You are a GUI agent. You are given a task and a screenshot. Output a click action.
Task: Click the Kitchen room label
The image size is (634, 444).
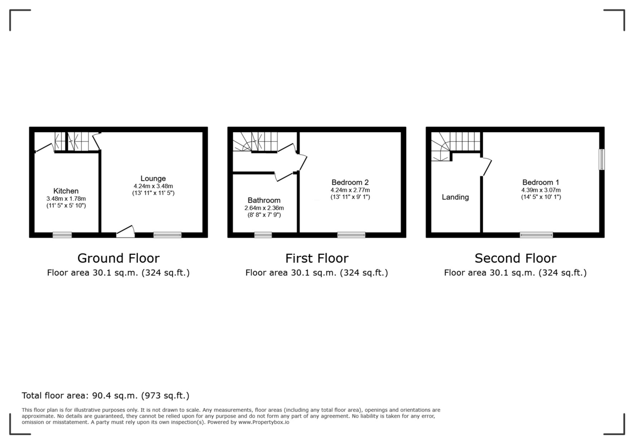[x=66, y=191]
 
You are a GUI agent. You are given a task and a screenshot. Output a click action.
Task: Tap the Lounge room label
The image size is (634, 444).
[x=153, y=178]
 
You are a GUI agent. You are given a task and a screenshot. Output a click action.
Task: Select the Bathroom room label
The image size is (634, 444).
[x=264, y=200]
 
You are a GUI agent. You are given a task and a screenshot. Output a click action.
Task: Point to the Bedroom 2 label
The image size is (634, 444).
[x=350, y=182]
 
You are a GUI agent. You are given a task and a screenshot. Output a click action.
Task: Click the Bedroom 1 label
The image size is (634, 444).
[x=541, y=182]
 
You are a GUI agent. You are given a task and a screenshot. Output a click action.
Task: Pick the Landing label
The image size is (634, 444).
[x=455, y=197]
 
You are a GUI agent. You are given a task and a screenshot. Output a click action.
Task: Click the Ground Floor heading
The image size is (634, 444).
[x=118, y=258]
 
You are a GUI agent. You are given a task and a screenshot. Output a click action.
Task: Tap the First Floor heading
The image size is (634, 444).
[x=317, y=258]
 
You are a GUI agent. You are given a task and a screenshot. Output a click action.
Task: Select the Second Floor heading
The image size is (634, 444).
[x=515, y=258]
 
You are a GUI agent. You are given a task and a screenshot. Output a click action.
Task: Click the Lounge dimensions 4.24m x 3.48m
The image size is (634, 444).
[x=153, y=186]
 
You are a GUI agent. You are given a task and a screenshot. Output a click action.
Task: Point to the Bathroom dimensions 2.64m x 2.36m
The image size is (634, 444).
[x=264, y=208]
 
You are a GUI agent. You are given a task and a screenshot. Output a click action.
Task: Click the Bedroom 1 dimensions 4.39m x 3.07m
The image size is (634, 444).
[x=541, y=190]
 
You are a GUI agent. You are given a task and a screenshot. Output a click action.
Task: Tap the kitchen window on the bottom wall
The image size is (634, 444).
[x=62, y=235]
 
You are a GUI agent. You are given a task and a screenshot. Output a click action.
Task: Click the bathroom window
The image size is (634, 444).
[x=263, y=235]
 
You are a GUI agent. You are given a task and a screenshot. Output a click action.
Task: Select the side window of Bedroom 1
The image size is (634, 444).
[x=601, y=159]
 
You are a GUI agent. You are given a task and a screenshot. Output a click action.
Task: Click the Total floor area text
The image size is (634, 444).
[x=106, y=395]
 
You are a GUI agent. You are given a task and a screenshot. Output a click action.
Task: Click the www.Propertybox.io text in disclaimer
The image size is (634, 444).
[x=263, y=422]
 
